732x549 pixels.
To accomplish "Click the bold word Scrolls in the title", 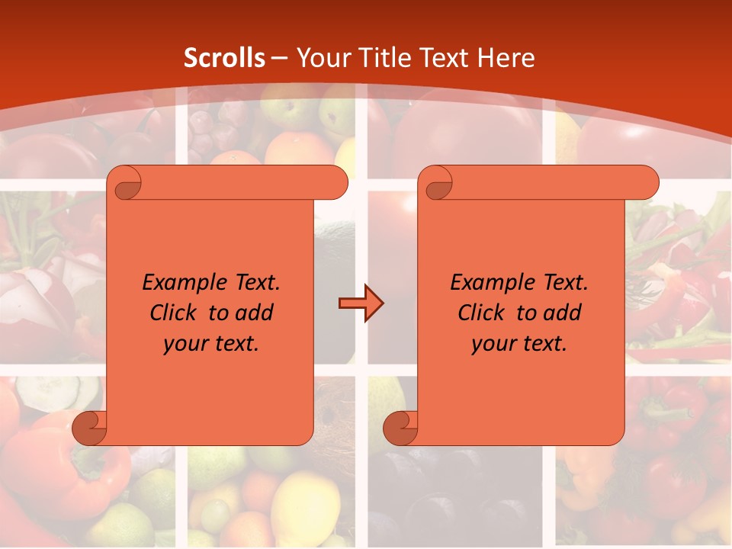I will (x=225, y=58).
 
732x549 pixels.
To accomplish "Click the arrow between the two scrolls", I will (x=361, y=303).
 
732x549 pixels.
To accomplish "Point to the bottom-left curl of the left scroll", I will (x=89, y=429).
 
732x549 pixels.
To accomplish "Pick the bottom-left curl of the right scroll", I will (x=400, y=429).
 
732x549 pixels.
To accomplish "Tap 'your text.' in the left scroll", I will (x=211, y=343).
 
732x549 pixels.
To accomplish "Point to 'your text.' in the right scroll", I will (x=519, y=343).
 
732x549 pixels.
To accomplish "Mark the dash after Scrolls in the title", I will (x=279, y=59).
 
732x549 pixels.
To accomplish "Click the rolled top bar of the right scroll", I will (x=549, y=183).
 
